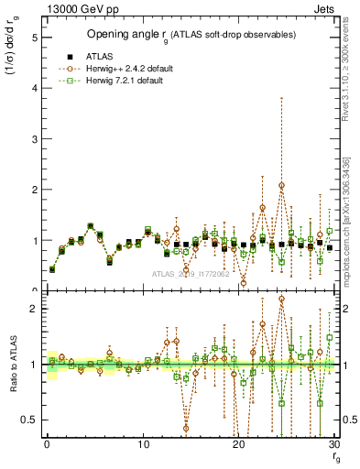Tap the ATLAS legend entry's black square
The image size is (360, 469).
click(x=69, y=55)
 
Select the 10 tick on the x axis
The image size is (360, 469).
click(x=143, y=446)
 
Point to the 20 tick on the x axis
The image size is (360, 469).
click(x=239, y=446)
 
